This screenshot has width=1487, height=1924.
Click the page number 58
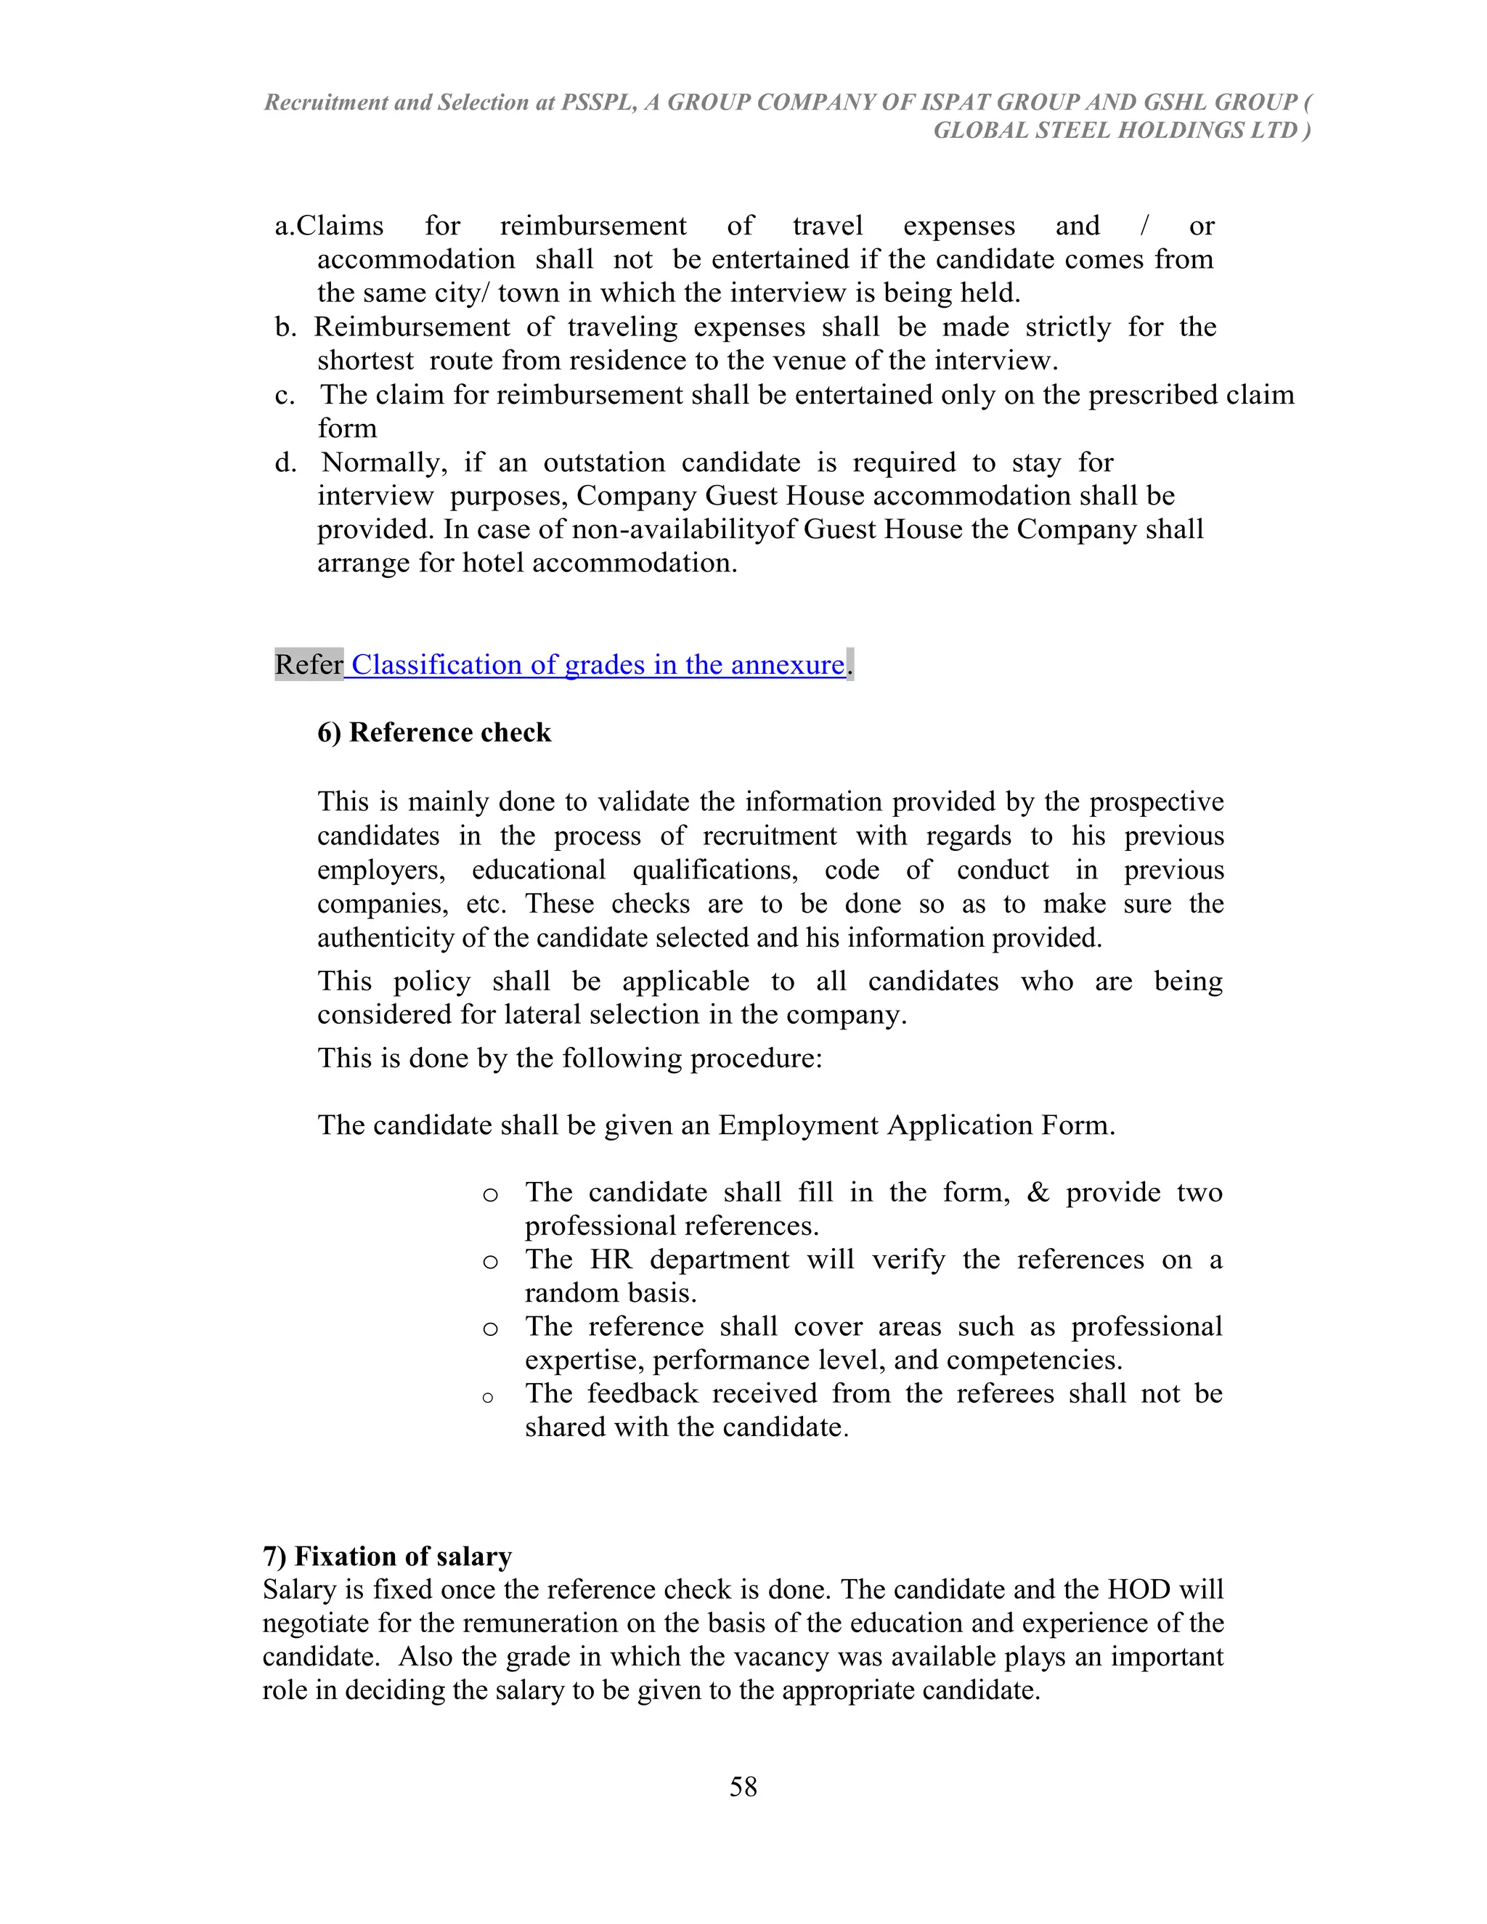(x=743, y=1786)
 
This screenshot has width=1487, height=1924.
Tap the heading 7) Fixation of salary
(x=387, y=1556)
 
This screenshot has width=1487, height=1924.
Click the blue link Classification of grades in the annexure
(x=598, y=664)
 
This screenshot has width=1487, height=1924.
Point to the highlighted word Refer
(x=309, y=664)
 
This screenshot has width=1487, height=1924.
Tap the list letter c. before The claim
(x=285, y=395)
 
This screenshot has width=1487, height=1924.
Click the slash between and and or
(x=1144, y=226)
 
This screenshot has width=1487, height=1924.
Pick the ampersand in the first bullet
(x=1038, y=1192)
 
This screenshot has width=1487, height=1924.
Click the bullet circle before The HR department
(x=491, y=1263)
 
